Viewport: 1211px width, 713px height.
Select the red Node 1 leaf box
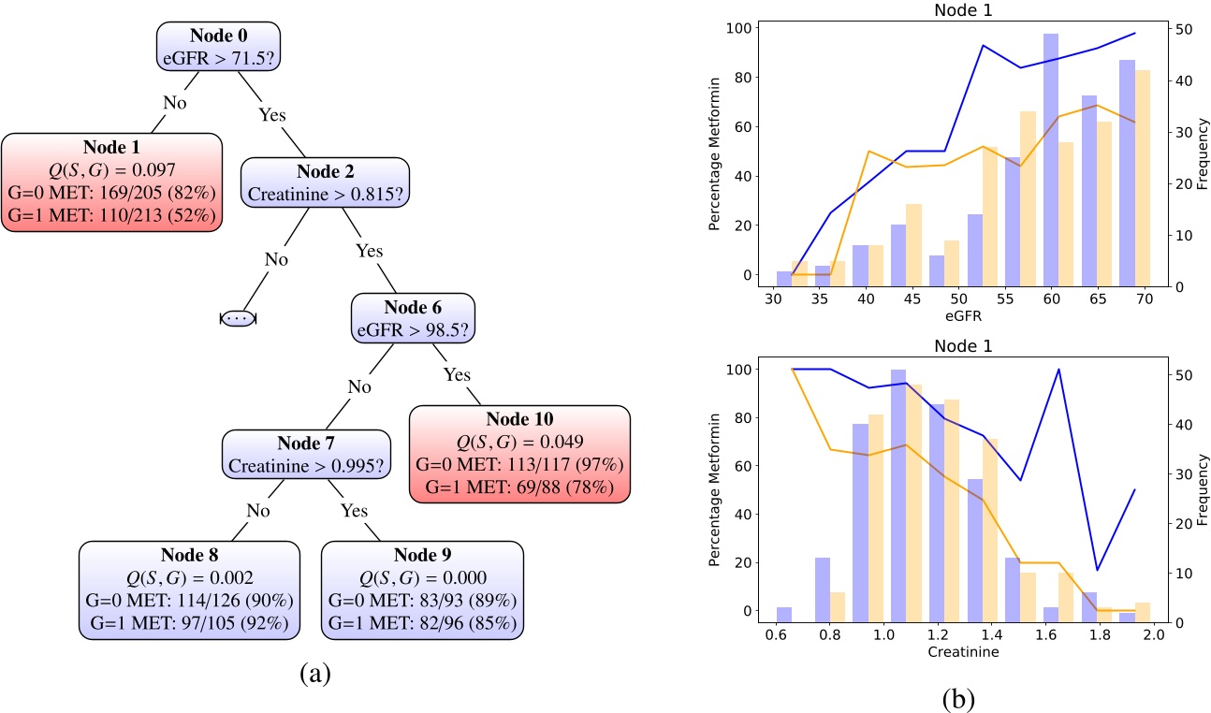[x=111, y=181]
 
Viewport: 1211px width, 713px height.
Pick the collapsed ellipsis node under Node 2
[x=238, y=318]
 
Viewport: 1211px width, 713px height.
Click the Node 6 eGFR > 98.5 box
[x=413, y=318]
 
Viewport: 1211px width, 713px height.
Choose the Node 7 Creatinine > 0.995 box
[x=305, y=454]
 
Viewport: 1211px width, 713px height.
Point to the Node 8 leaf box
[x=191, y=589]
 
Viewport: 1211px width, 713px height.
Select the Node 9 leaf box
[x=421, y=589]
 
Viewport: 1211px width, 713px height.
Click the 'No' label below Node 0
[x=175, y=102]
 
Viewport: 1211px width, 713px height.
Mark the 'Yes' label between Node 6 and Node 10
[x=456, y=374]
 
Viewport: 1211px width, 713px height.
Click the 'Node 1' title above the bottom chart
[x=964, y=345]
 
